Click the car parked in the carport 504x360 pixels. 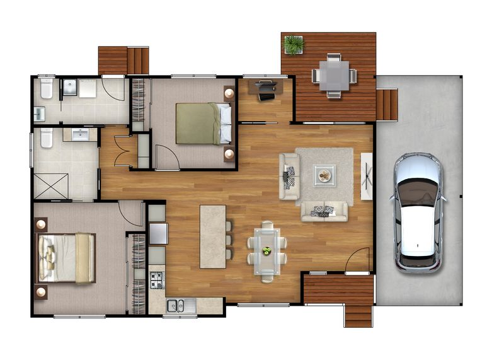[x=417, y=212]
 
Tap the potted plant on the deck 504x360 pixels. [x=293, y=44]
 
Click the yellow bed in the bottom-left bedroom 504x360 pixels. [x=67, y=257]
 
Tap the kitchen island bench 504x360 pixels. [x=213, y=236]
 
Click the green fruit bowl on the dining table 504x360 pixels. [x=266, y=250]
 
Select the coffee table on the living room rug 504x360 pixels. [x=324, y=175]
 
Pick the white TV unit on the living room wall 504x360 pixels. [x=367, y=176]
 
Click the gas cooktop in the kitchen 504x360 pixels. [x=156, y=278]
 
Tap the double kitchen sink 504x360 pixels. [x=176, y=306]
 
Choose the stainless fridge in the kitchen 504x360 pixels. [x=157, y=234]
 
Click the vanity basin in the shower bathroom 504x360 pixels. [x=80, y=134]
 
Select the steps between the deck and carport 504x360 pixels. [x=387, y=104]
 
